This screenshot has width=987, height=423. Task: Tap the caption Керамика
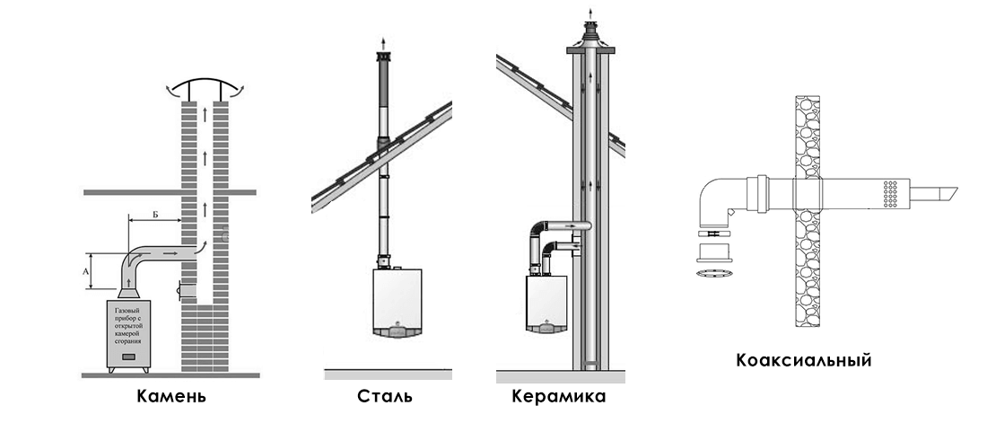coord(558,396)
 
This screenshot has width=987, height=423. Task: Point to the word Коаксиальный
coord(804,361)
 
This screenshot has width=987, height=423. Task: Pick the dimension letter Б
coord(155,215)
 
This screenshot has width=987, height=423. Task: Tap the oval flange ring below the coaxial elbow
coord(714,269)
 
